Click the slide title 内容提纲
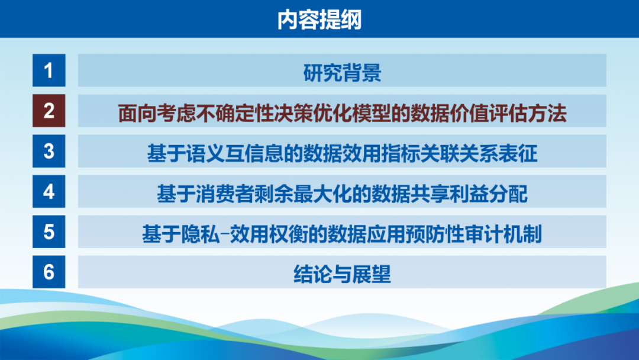tap(319, 19)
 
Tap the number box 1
tap(49, 70)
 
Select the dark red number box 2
tap(49, 111)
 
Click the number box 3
tap(49, 151)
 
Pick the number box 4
tap(49, 191)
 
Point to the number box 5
tap(49, 232)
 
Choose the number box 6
tap(49, 272)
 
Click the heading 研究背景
tap(343, 73)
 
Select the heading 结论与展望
tap(343, 274)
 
